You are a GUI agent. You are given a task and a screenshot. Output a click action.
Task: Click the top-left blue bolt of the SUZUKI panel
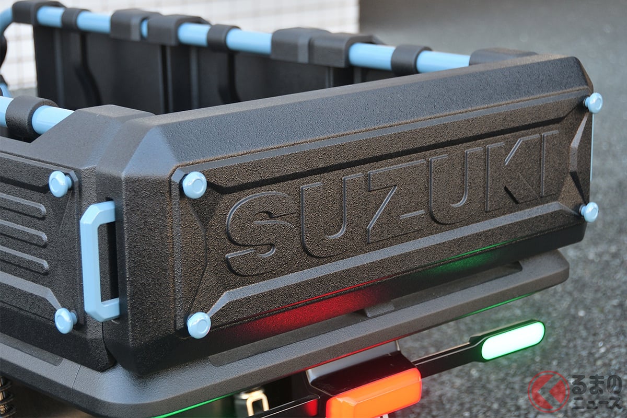click(x=194, y=185)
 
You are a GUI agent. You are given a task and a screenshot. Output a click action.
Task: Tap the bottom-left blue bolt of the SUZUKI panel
click(x=199, y=325)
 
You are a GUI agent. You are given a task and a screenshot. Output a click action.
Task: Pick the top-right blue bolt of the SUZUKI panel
click(x=594, y=103)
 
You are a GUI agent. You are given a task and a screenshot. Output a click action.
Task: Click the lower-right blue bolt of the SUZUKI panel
click(x=589, y=212)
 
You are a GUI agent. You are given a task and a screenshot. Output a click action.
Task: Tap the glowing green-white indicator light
click(x=513, y=341)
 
